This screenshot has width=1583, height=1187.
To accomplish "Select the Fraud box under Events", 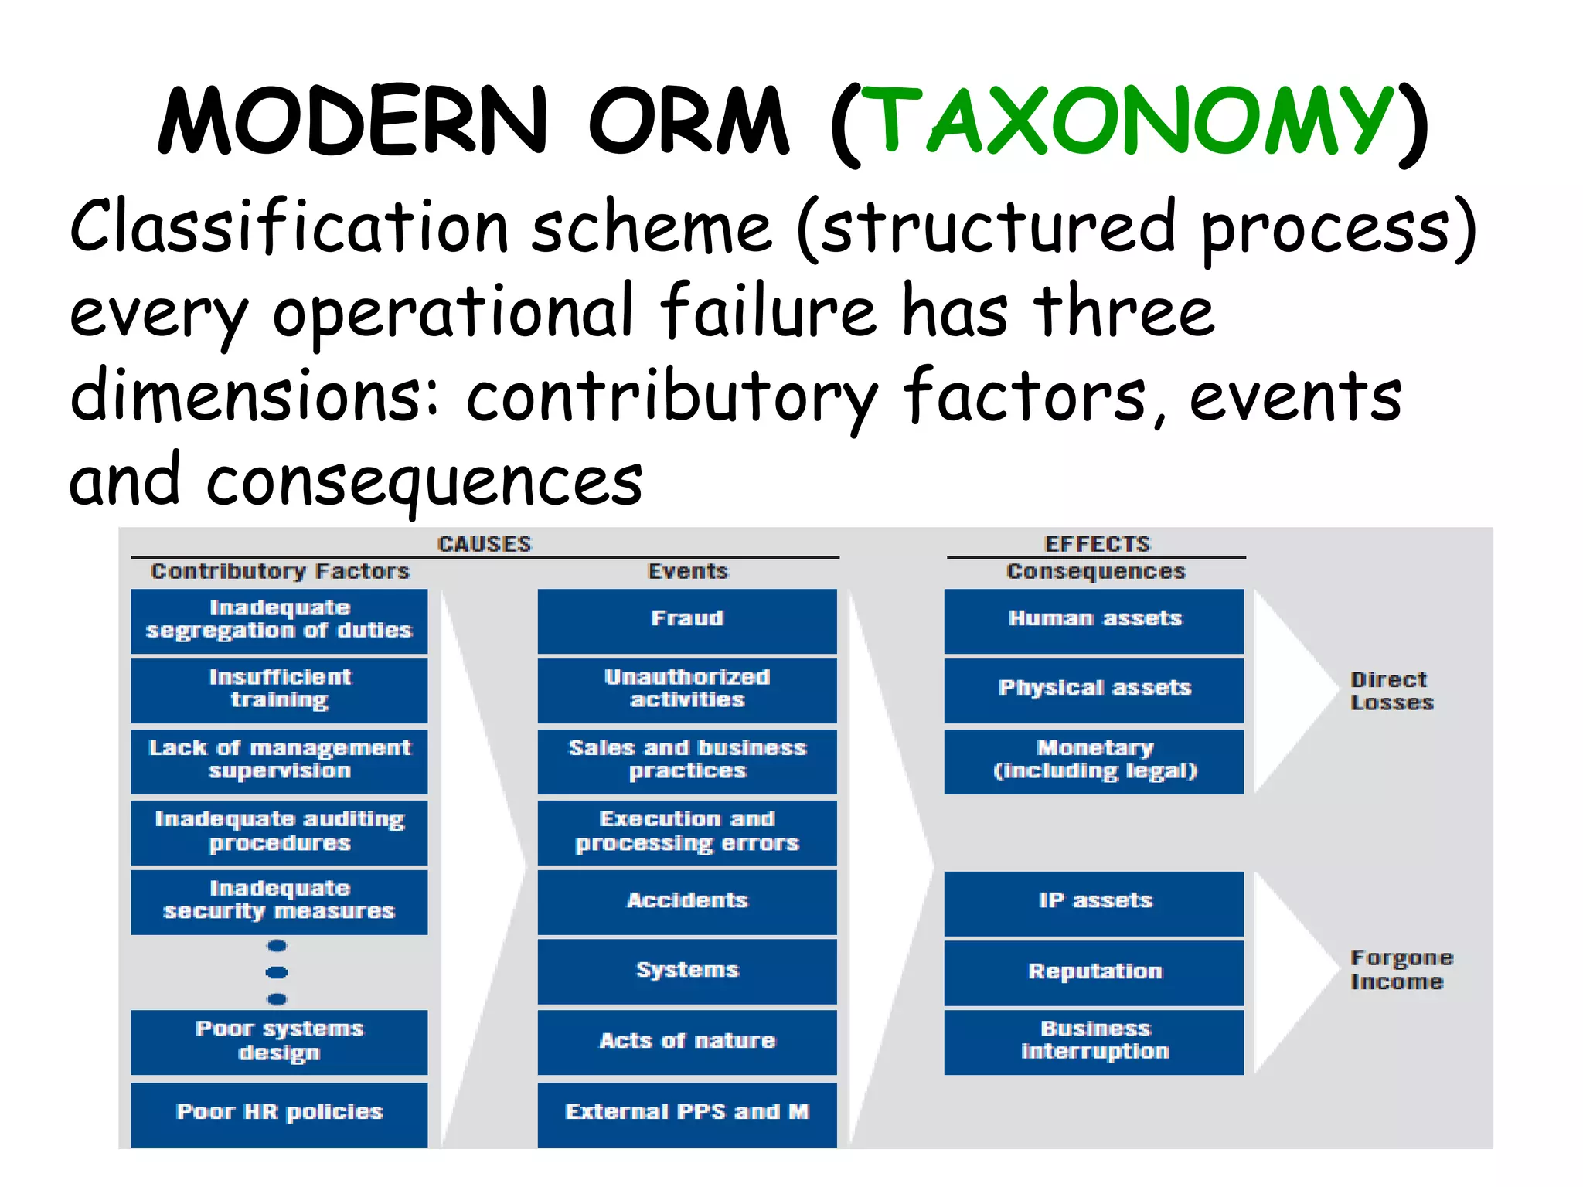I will point(686,620).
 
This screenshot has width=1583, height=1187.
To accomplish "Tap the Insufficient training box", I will point(279,689).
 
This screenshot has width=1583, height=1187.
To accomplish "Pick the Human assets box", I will point(1094,620).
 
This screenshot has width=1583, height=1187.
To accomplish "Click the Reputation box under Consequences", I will point(1094,971).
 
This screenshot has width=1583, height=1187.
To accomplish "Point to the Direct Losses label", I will point(1391,691).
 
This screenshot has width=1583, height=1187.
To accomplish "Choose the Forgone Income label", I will point(1400,969).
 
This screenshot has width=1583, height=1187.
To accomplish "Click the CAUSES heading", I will point(485,544).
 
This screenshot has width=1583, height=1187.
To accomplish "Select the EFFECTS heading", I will point(1096,544).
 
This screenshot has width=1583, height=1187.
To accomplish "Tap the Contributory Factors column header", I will point(280,571).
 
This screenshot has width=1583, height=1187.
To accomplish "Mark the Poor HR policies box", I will point(279,1112).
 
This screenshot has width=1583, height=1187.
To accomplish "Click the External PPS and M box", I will point(686,1112).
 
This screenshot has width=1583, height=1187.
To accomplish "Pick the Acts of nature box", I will point(686,1041).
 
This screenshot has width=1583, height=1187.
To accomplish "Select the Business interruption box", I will point(1094,1041).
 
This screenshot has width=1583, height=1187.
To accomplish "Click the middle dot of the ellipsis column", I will point(277,972).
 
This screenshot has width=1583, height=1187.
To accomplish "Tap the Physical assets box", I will point(1094,689).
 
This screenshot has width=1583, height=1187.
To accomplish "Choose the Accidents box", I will point(686,901).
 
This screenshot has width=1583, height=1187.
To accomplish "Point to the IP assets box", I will point(1094,901).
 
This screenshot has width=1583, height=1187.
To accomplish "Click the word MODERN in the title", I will point(352,122).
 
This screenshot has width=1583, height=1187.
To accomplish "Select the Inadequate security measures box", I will point(279,901).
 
